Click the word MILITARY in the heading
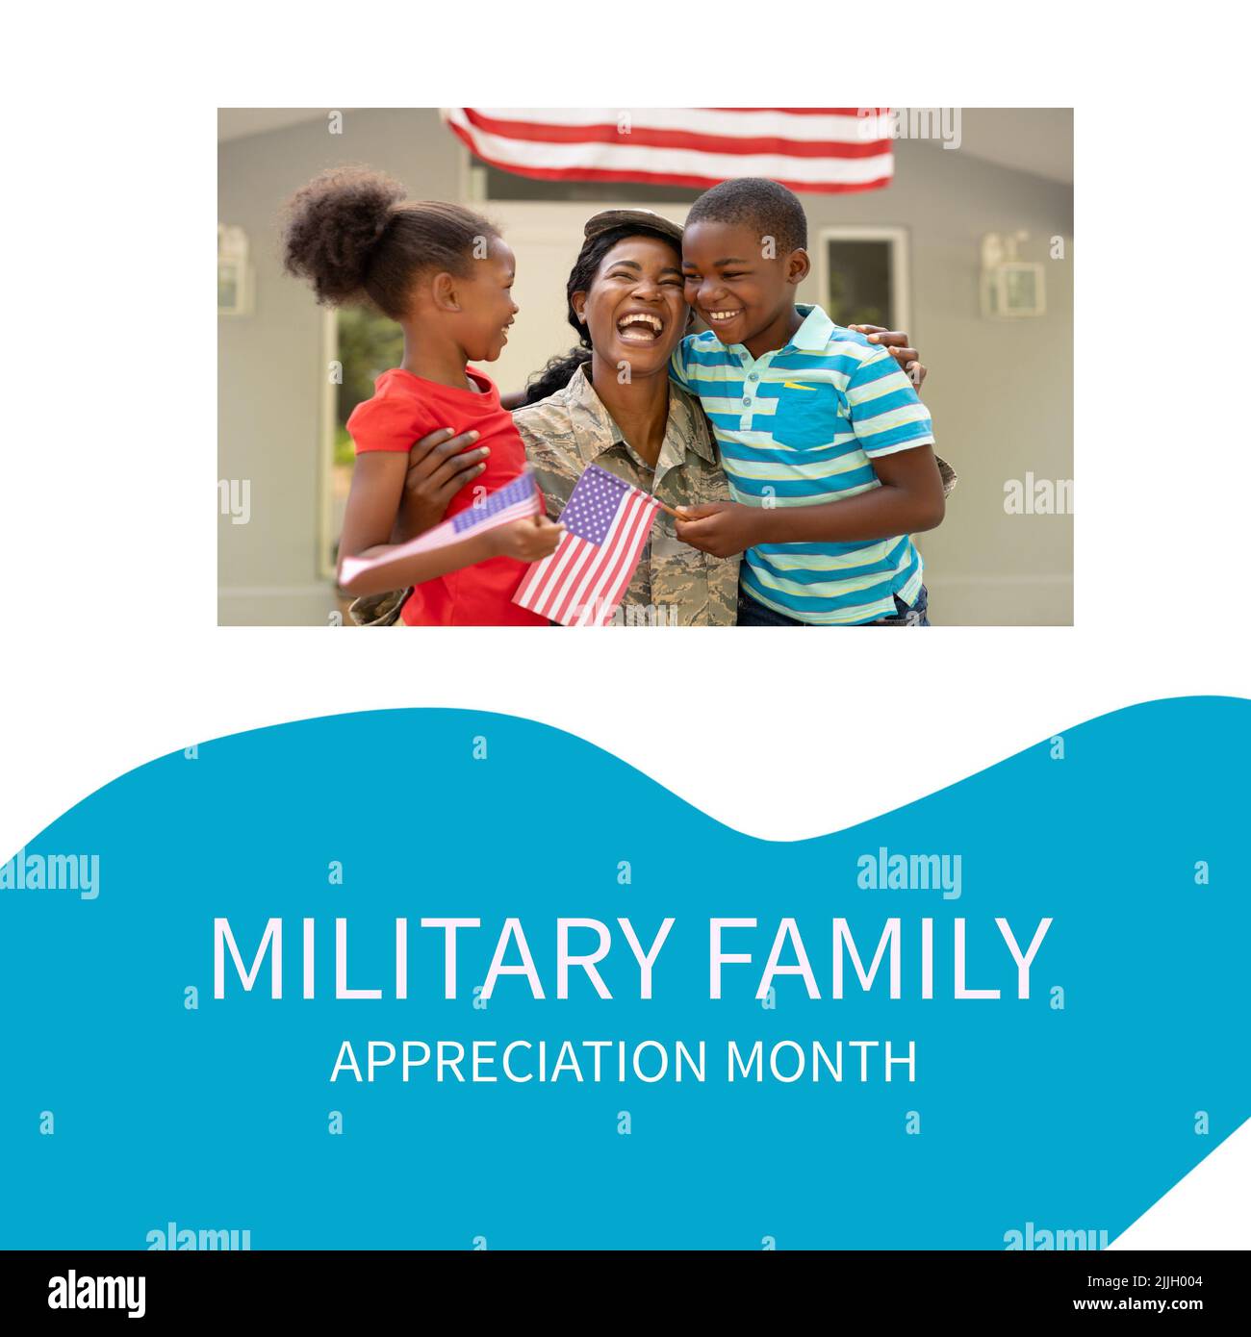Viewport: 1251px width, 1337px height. [x=439, y=959]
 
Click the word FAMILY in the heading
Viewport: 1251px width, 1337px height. [x=876, y=959]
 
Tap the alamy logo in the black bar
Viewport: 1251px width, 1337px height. [x=97, y=1293]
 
